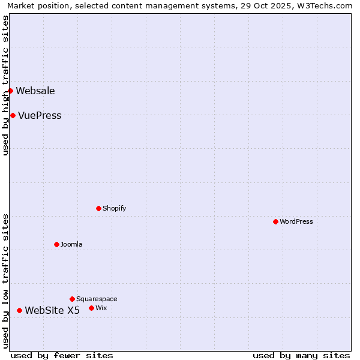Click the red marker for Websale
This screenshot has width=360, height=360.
click(x=10, y=91)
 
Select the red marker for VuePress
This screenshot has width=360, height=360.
click(x=13, y=115)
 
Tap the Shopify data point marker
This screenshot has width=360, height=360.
click(x=98, y=208)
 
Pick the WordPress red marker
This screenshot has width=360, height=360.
click(x=275, y=221)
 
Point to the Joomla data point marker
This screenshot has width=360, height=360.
click(x=56, y=244)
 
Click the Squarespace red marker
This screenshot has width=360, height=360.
click(x=72, y=299)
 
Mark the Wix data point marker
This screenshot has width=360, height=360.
click(x=91, y=308)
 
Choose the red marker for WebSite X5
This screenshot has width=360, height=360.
click(x=19, y=310)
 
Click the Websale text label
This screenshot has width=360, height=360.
click(x=35, y=91)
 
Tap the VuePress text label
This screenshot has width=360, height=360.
click(x=40, y=116)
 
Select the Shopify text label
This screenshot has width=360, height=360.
click(x=114, y=209)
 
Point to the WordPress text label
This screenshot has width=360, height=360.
click(x=296, y=222)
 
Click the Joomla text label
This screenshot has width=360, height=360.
click(x=71, y=245)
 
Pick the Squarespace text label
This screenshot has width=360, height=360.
click(x=97, y=299)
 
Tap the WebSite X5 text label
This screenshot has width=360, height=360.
click(x=52, y=311)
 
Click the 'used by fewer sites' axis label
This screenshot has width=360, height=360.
click(x=62, y=355)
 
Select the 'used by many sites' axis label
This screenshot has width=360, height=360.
click(x=301, y=355)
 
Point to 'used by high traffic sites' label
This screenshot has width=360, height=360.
click(x=6, y=85)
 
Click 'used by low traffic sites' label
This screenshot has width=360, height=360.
click(x=6, y=281)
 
